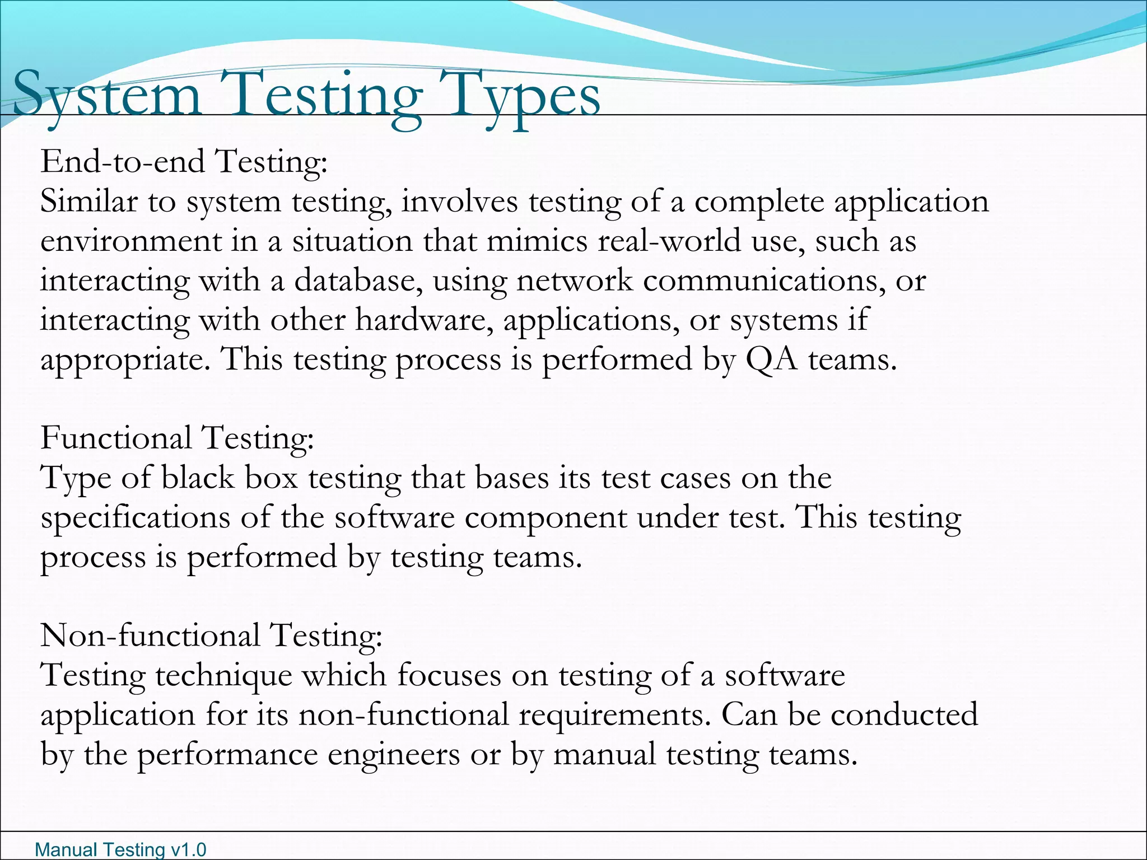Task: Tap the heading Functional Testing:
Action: pyautogui.click(x=177, y=437)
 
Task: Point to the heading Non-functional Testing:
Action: pyautogui.click(x=211, y=635)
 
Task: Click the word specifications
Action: pyautogui.click(x=135, y=517)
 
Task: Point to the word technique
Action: pyautogui.click(x=223, y=675)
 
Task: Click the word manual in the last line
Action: pyautogui.click(x=604, y=754)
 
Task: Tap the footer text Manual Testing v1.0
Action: pyautogui.click(x=120, y=849)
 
